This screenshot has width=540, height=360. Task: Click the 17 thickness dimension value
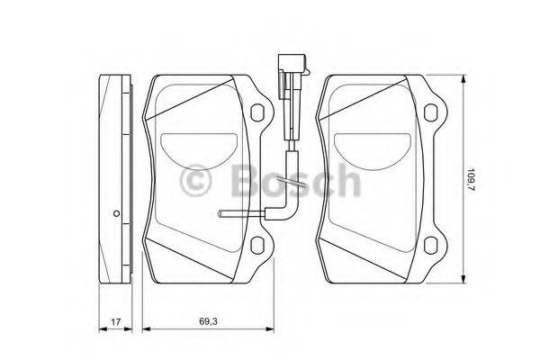(x=116, y=322)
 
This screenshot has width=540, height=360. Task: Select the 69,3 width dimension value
(x=209, y=321)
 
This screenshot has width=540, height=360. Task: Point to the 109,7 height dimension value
(x=471, y=179)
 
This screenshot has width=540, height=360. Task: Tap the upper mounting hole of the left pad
(x=256, y=112)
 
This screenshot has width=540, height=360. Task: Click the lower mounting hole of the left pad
(x=256, y=245)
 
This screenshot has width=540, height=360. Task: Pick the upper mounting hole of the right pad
(x=430, y=112)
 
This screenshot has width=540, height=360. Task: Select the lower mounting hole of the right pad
(x=430, y=245)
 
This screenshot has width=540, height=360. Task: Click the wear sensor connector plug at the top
(x=292, y=64)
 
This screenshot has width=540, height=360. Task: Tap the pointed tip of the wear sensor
(x=219, y=214)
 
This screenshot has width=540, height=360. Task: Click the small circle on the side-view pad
(x=116, y=213)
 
